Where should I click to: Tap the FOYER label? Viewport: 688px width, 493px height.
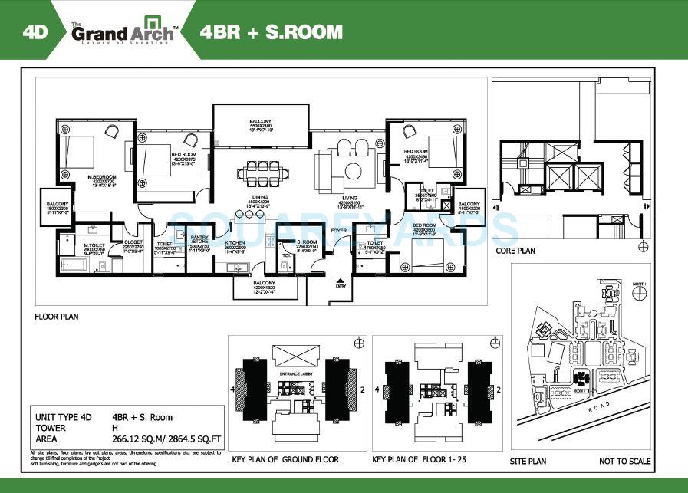pos(338,230)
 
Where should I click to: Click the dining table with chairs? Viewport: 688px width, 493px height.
pos(262,171)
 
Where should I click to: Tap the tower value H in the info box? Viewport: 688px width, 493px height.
pos(114,429)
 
